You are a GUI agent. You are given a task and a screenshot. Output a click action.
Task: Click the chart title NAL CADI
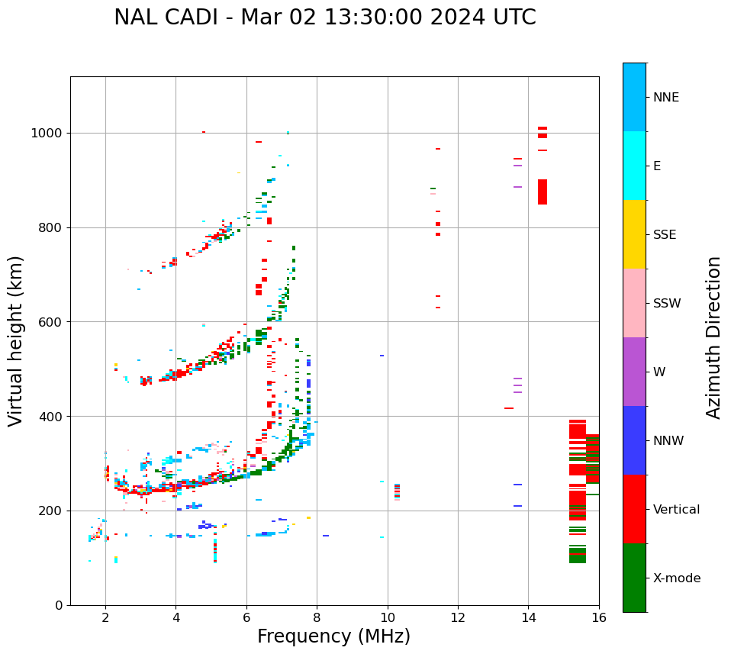(x=324, y=18)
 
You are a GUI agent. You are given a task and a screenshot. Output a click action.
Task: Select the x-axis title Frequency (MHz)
(x=333, y=636)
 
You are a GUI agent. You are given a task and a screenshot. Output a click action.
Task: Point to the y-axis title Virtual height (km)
(x=16, y=340)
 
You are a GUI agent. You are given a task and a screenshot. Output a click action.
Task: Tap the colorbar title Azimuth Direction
(x=713, y=337)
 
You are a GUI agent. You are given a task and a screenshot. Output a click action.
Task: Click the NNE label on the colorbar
(x=665, y=98)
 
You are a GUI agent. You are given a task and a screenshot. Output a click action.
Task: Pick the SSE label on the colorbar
(x=664, y=235)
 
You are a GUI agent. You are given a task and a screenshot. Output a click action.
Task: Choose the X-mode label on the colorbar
(x=676, y=578)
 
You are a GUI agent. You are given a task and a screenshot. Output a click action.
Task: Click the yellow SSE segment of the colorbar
(x=634, y=234)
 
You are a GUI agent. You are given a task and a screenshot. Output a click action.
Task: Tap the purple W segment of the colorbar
(x=634, y=372)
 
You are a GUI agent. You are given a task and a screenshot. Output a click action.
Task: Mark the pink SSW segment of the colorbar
(x=634, y=303)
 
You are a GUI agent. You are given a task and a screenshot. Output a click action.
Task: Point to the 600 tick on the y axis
(x=52, y=322)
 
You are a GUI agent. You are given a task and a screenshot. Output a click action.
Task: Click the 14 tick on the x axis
(x=528, y=617)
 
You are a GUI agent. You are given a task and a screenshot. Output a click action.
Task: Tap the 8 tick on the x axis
(x=317, y=617)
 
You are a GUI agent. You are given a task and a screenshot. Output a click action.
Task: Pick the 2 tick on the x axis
(x=105, y=617)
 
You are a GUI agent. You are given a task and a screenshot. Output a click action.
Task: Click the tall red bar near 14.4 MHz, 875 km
(x=543, y=192)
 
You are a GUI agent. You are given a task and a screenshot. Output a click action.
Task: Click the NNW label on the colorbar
(x=668, y=441)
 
